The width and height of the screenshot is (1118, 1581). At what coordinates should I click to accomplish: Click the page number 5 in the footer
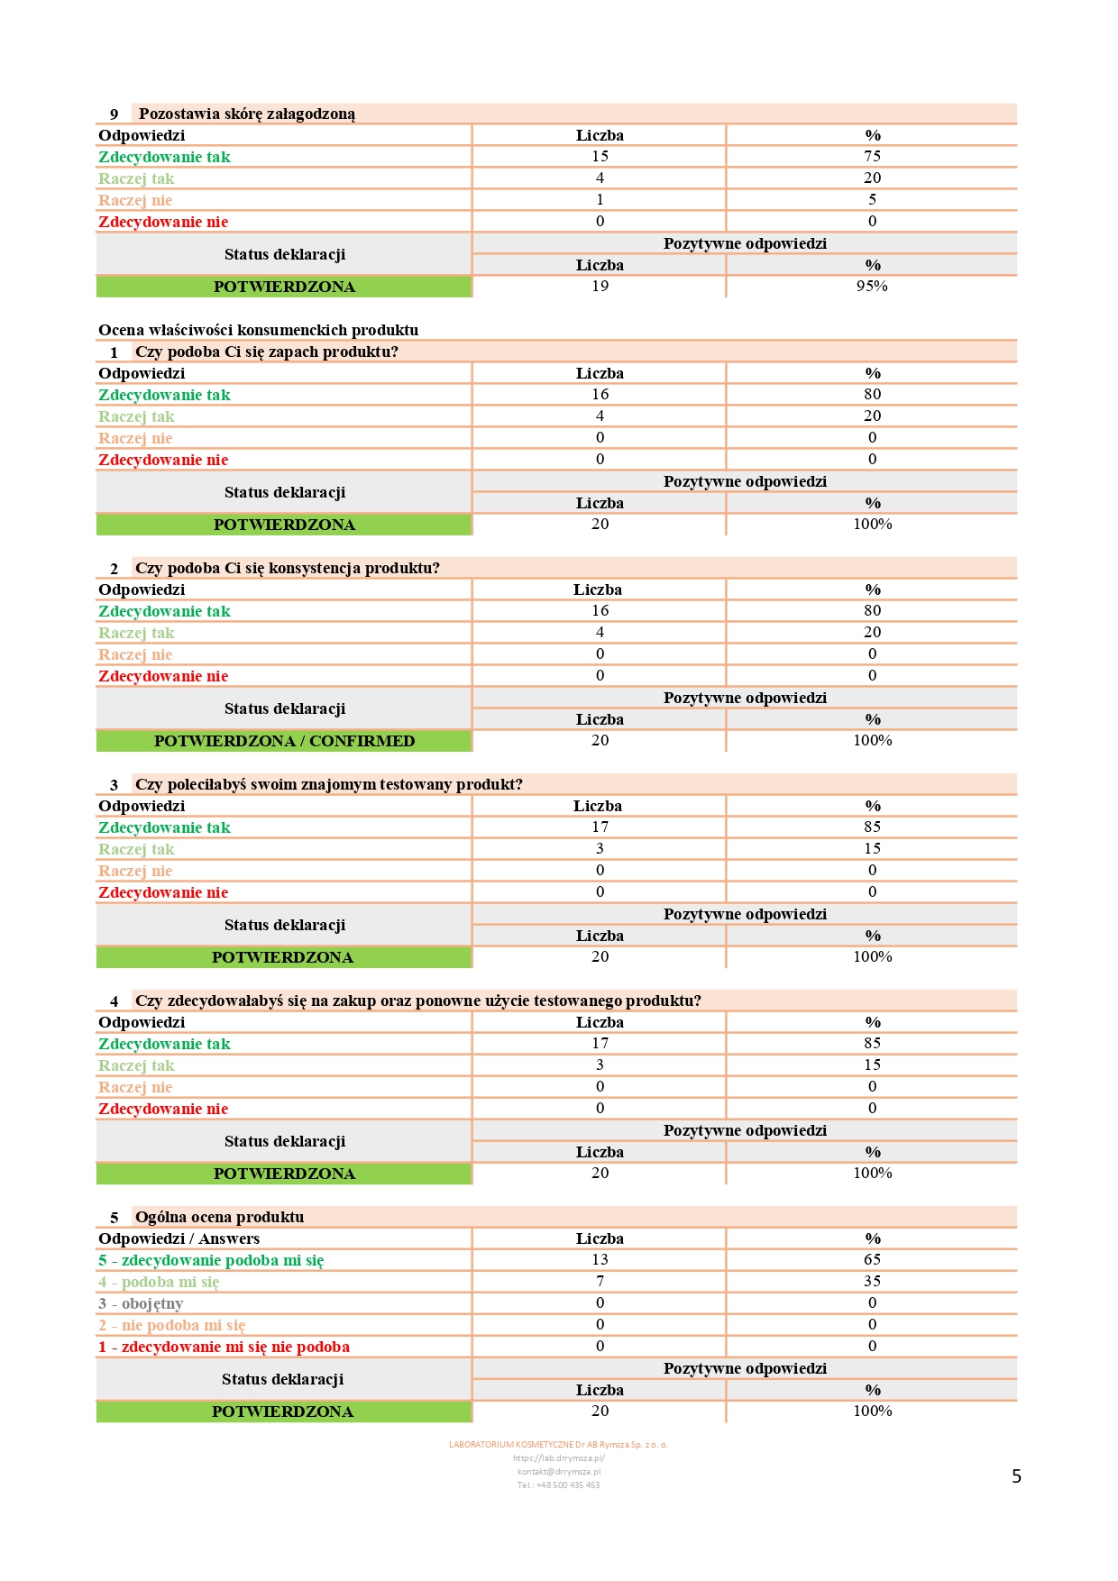click(1016, 1476)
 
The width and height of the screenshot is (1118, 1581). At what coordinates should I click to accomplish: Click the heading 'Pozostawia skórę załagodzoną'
click(246, 114)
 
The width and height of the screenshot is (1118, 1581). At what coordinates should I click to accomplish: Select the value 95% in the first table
click(872, 286)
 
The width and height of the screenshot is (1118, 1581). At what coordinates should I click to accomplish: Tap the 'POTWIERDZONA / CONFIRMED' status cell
click(284, 741)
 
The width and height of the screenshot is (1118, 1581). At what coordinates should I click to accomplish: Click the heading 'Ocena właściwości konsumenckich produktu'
click(258, 330)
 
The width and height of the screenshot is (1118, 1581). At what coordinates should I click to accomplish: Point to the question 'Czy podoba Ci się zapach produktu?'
click(266, 352)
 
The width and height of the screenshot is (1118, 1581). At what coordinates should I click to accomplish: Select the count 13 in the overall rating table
click(600, 1259)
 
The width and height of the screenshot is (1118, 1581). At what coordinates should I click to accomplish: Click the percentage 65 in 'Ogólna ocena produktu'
click(872, 1259)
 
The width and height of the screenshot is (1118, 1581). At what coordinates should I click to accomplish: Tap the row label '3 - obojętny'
click(141, 1303)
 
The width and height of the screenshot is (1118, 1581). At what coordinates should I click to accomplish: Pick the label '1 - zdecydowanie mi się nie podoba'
click(224, 1347)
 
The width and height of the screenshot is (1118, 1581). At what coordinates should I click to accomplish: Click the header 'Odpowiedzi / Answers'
click(179, 1238)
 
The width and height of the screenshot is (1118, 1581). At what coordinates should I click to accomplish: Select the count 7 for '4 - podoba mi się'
click(600, 1281)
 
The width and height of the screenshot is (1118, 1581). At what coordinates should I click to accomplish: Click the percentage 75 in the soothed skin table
click(872, 156)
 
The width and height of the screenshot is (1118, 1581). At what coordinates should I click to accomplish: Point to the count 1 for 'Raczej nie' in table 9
click(600, 199)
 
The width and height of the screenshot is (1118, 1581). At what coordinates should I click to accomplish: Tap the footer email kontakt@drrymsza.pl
click(558, 1471)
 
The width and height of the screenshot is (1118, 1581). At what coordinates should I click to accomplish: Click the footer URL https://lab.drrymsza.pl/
click(558, 1458)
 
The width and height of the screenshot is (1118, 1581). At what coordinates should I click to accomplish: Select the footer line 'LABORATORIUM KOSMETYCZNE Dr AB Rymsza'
click(558, 1444)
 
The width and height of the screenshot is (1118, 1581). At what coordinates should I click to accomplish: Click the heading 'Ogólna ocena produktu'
click(219, 1217)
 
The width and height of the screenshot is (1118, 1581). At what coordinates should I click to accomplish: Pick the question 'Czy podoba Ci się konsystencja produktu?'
click(287, 568)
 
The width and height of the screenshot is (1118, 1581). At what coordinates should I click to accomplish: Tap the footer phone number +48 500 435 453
click(558, 1485)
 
